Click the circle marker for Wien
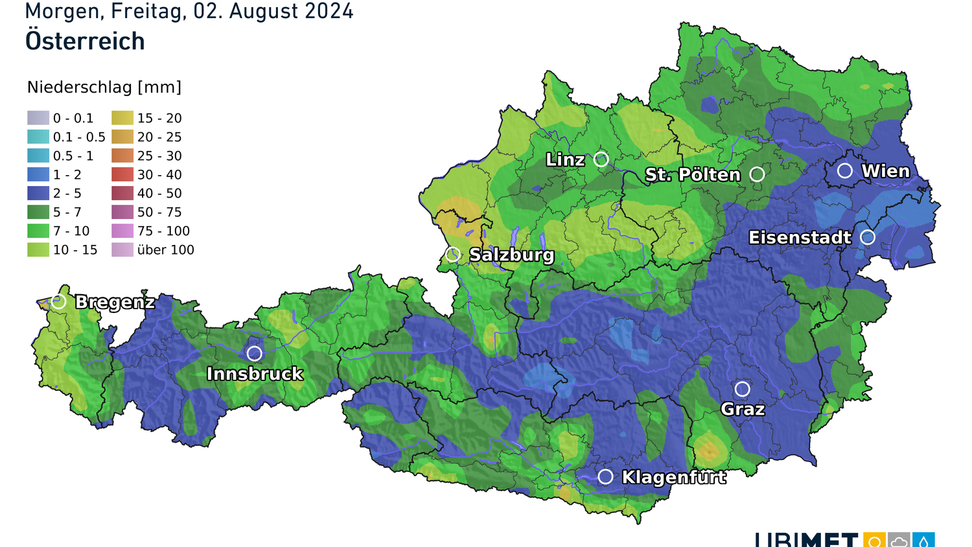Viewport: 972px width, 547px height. (844, 170)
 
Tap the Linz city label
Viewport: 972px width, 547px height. (565, 159)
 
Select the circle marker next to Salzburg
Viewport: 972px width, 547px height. (453, 254)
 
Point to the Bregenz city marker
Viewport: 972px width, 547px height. (59, 301)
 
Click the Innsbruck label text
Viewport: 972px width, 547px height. (255, 374)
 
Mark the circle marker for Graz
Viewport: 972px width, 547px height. (742, 389)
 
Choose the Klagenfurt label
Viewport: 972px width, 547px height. (674, 478)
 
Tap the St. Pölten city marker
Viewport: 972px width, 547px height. (757, 174)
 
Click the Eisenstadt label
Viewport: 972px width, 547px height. (800, 238)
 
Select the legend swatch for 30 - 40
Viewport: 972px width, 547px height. (122, 174)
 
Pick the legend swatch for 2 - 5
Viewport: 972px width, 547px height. (38, 193)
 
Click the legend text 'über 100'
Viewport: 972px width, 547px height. (165, 250)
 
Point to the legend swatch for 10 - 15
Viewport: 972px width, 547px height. (38, 250)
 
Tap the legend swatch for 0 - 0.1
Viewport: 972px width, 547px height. (38, 118)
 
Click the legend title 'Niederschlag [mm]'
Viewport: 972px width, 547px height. (104, 87)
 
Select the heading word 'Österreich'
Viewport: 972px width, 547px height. (85, 41)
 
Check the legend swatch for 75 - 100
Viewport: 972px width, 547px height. (122, 231)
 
